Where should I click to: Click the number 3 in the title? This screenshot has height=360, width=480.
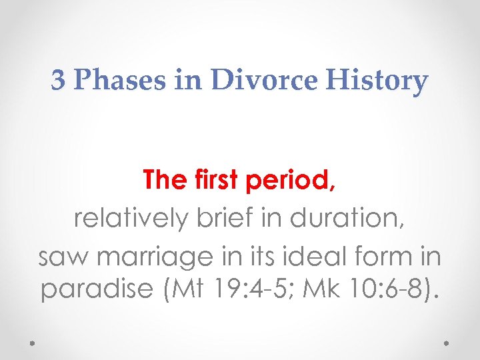coord(59,80)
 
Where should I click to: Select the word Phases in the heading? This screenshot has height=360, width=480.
coord(105,81)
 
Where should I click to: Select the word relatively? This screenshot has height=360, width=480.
coord(130,218)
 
